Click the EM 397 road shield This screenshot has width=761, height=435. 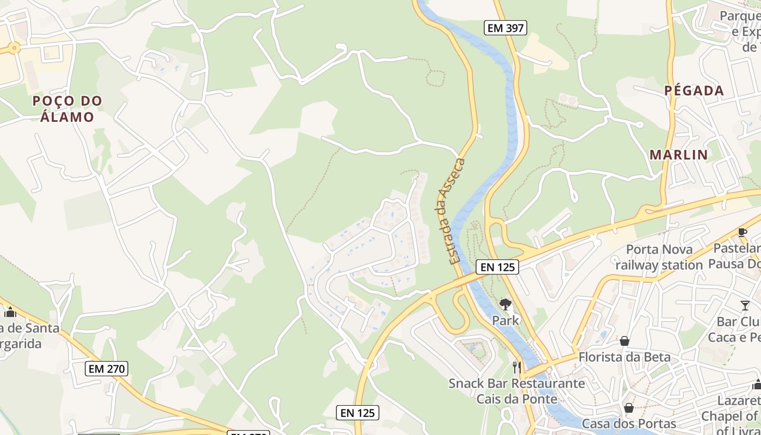pos(506,28)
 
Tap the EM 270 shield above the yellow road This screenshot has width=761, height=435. pos(107,369)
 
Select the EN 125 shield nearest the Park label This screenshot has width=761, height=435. pos(497,267)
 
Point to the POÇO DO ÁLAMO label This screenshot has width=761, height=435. pos(67,109)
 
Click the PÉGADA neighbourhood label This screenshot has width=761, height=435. pos(694,91)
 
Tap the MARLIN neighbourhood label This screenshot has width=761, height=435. pos(679,155)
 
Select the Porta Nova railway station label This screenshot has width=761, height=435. pos(659,257)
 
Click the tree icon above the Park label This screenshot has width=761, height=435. pos(506,304)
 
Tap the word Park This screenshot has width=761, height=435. pos(506,320)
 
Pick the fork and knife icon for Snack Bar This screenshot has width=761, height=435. pos(517,368)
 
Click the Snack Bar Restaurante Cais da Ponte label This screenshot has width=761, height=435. pos(516,391)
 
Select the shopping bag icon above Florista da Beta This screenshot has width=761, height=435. pos(625,341)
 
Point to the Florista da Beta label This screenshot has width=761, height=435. pos(625,357)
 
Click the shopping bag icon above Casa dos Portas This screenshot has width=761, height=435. pos(629,408)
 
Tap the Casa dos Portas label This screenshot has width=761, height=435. pos(629,424)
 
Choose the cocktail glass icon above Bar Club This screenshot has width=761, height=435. pos(745,306)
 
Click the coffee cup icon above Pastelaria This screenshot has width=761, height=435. pos(743,233)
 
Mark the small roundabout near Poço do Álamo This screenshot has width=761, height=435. pos(14,48)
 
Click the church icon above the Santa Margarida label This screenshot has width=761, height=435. pos(10,312)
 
